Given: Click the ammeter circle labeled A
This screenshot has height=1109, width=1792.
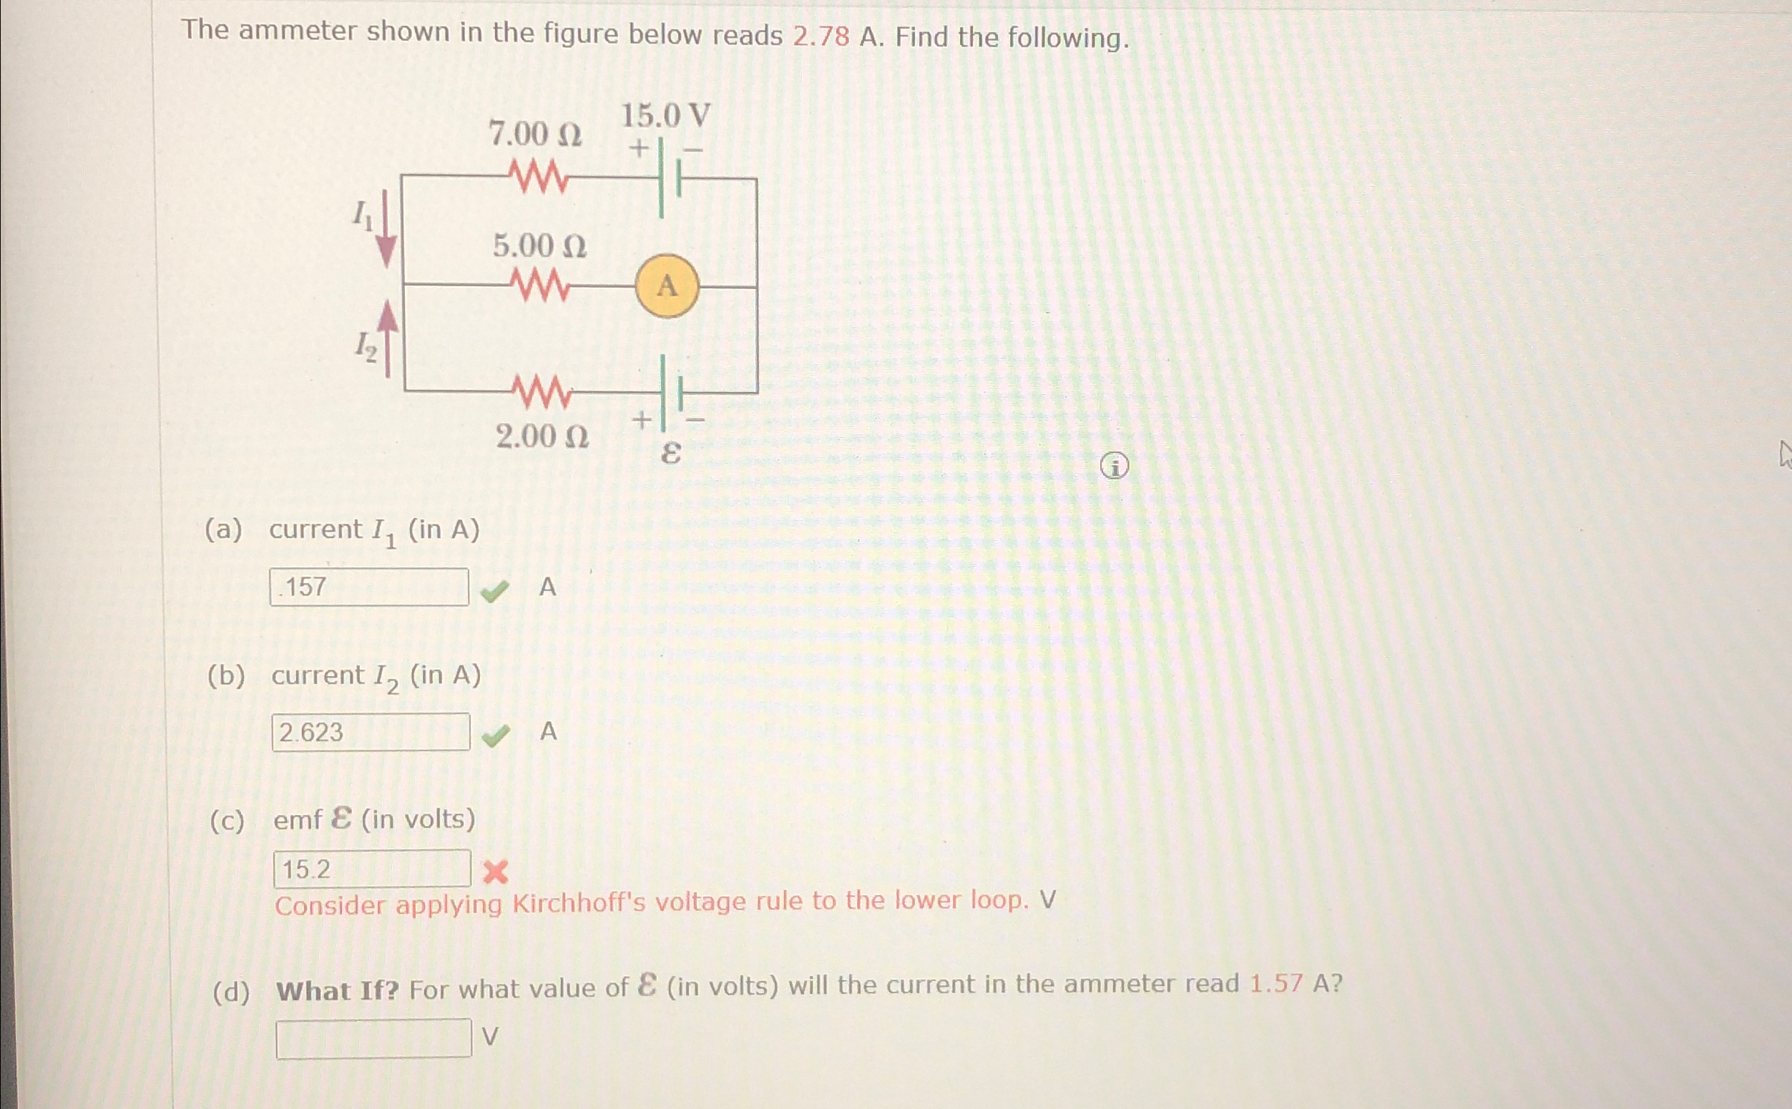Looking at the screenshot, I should (666, 285).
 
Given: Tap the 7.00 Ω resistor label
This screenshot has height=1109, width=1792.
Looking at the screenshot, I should (535, 135).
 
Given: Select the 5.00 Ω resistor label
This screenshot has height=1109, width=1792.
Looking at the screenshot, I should (539, 245).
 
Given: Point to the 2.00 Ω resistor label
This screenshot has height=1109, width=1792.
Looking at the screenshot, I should (542, 437).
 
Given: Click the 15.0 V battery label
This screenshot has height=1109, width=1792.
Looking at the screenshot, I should (666, 116).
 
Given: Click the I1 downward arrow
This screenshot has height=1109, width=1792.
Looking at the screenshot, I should (386, 229).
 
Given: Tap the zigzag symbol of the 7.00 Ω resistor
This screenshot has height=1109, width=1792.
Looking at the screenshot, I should (537, 178).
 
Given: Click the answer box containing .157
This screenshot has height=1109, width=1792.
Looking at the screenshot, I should (369, 587).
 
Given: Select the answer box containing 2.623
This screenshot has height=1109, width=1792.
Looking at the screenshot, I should (371, 732).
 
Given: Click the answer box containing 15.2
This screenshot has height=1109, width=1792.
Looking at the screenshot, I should (372, 869).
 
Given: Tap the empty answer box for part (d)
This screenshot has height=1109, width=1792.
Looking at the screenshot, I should (373, 1038).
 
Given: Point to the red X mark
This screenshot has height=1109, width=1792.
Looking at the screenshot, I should (496, 872).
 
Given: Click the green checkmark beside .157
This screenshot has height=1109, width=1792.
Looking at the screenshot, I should (495, 590).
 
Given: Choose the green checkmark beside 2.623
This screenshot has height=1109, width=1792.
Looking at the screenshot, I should (496, 736).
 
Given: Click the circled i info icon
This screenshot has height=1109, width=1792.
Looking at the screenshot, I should (1115, 466).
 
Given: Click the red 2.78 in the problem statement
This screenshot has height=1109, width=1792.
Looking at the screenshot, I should (821, 36).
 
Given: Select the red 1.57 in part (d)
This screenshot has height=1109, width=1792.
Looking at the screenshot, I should (1276, 984).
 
